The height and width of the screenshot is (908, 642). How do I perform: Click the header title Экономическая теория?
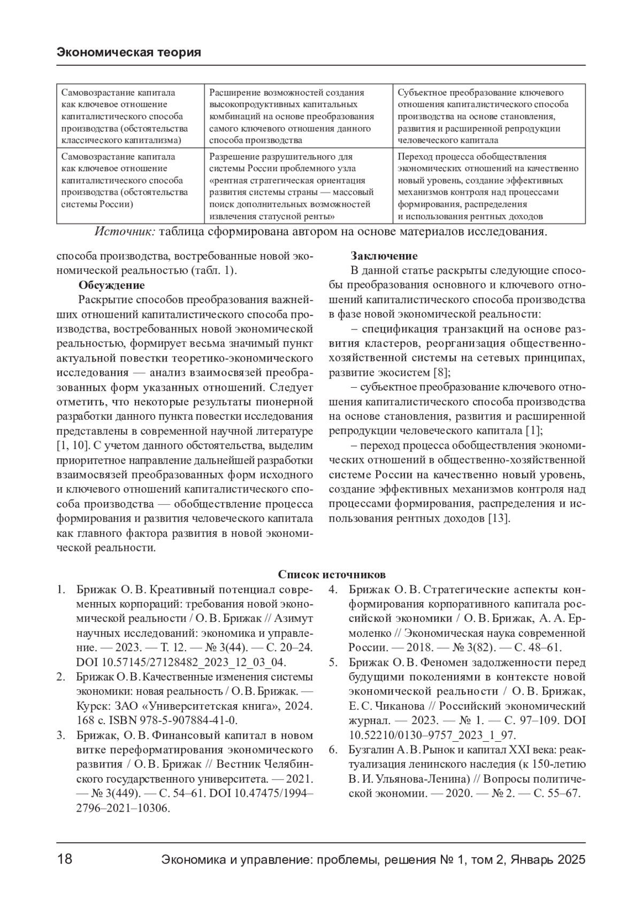click(x=128, y=52)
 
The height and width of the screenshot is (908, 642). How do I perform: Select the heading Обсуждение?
click(x=111, y=285)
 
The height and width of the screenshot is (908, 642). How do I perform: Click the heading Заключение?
click(x=384, y=256)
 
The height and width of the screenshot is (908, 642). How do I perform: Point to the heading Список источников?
click(x=331, y=575)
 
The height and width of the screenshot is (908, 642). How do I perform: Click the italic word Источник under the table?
click(x=125, y=232)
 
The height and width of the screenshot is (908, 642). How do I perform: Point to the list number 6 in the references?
click(x=332, y=749)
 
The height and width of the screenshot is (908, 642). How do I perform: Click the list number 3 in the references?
click(x=61, y=735)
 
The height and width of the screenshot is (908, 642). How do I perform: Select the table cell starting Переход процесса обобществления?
click(x=488, y=186)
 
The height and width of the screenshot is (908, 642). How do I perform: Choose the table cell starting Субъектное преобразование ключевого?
click(x=488, y=116)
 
